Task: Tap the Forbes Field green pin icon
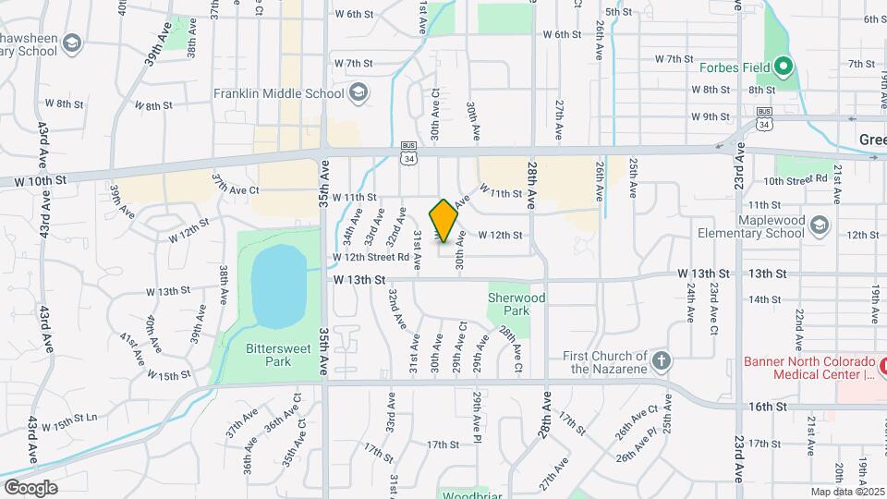(x=784, y=67)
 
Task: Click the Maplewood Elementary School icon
(x=819, y=225)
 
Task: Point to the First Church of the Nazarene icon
(x=661, y=360)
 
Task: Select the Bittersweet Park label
(x=269, y=355)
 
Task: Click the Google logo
(x=30, y=487)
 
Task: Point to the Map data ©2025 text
(x=845, y=492)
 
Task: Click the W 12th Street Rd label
(x=371, y=257)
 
